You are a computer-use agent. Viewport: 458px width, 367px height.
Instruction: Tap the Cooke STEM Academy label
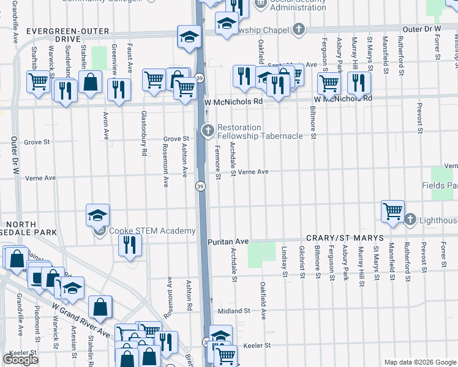point(152,231)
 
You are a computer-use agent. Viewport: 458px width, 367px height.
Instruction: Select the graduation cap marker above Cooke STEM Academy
point(97,215)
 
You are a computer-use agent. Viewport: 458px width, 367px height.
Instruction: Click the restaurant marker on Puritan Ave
point(129,245)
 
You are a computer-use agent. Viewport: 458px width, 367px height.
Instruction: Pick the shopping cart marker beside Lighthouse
point(392,212)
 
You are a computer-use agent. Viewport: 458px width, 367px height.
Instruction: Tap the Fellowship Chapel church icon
point(298,29)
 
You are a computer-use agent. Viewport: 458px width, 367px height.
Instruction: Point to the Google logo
point(20,360)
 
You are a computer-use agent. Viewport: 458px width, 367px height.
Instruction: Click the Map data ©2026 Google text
point(419,362)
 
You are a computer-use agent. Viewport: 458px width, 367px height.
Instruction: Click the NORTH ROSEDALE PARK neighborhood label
point(28,228)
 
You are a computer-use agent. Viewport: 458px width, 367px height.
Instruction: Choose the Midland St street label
point(235,311)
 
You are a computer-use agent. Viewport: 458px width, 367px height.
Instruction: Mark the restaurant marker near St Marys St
point(358,83)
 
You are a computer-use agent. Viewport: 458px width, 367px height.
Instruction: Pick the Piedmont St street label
point(37,321)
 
